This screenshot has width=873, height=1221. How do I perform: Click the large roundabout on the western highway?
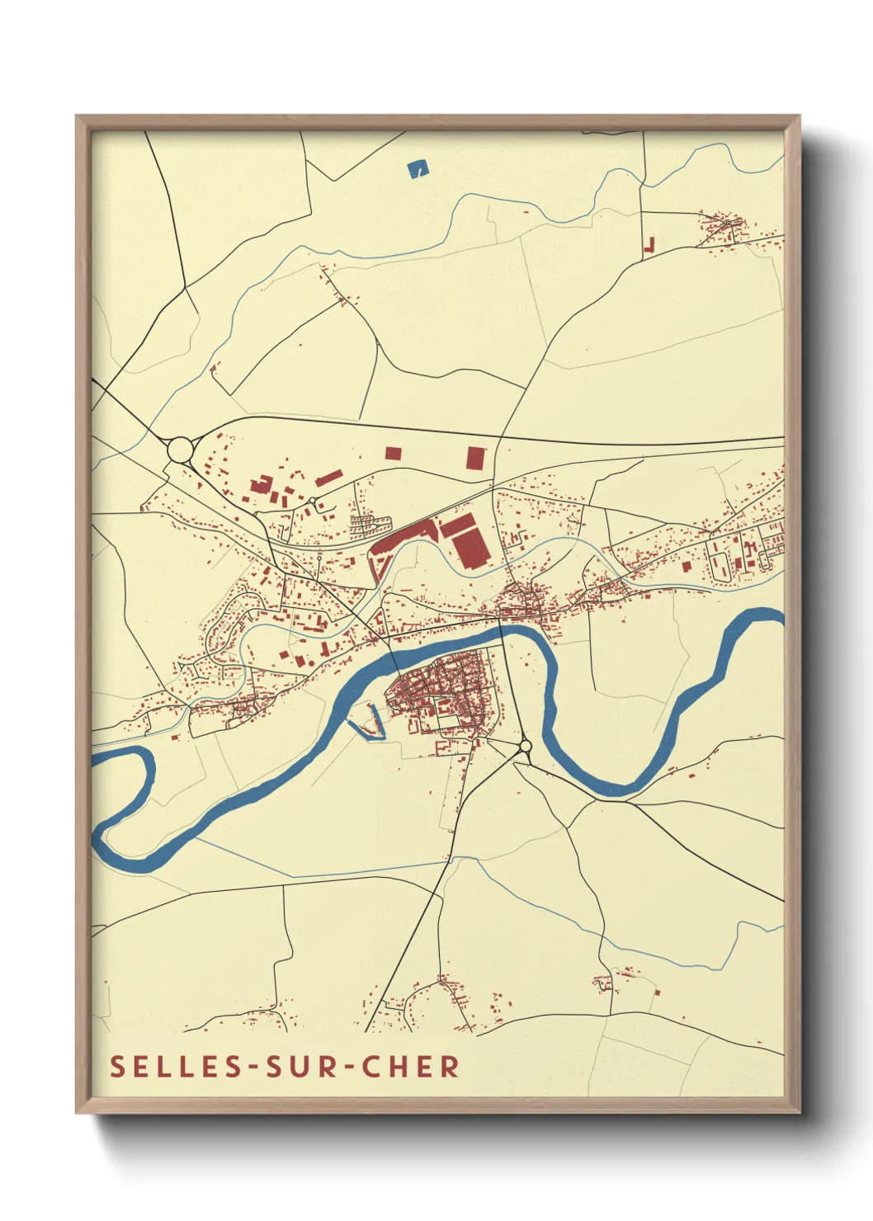pos(180,450)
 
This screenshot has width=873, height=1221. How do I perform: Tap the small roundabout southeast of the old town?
pos(526,747)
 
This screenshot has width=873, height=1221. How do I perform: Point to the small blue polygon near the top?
pos(418,169)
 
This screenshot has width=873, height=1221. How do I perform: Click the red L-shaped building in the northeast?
pos(649,245)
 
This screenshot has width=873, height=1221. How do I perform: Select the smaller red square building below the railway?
pos(393,452)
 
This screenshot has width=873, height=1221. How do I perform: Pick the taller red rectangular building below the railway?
pos(474,458)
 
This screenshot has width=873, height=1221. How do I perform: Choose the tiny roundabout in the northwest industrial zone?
pos(312,501)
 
